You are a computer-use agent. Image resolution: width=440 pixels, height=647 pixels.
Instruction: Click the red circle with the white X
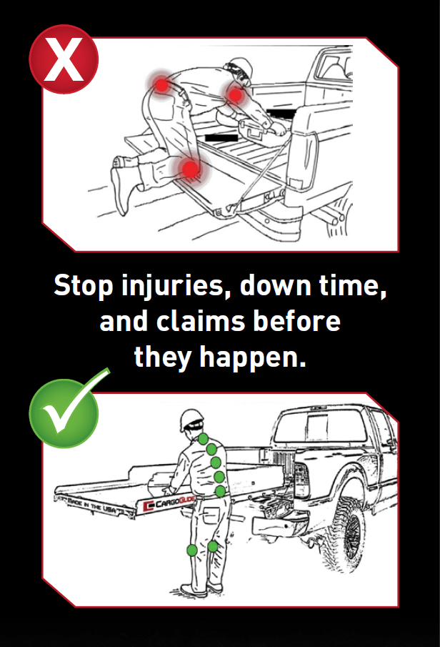click(x=64, y=59)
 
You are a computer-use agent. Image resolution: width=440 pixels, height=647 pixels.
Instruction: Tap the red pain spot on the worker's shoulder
click(x=235, y=95)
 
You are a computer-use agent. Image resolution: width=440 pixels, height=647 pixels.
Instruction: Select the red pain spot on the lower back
click(x=161, y=85)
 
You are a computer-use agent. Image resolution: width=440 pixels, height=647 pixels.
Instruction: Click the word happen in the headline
click(x=253, y=357)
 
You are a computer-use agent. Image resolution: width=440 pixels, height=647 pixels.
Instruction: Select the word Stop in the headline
click(x=84, y=285)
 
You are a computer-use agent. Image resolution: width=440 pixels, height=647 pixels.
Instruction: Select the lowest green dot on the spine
click(x=220, y=491)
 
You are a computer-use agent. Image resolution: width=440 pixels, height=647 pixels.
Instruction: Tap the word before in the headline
click(x=297, y=321)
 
